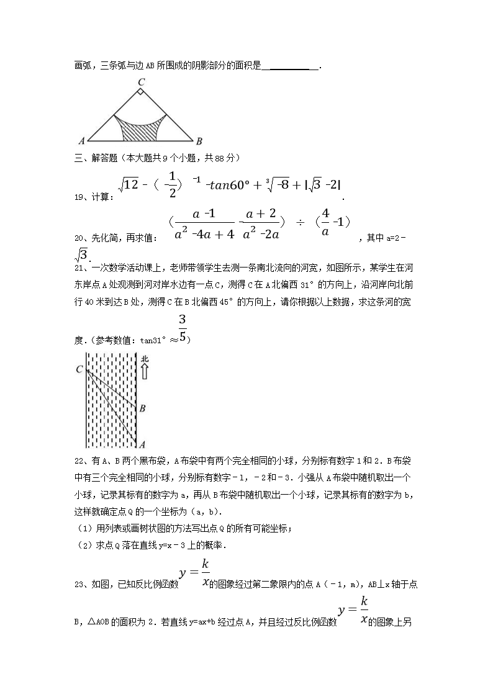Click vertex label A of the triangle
82,140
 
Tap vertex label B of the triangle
199,140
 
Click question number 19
79,197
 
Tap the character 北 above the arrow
145,359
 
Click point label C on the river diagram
79,370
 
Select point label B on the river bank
143,408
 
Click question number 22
79,461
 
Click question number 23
79,584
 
